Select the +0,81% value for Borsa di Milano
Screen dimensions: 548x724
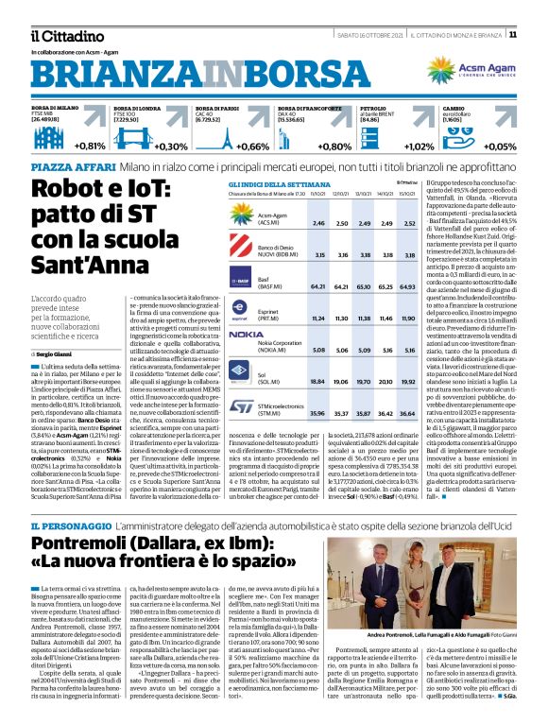click(x=89, y=147)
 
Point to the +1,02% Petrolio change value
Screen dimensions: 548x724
click(x=420, y=147)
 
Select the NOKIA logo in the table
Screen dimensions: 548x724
click(x=247, y=335)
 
